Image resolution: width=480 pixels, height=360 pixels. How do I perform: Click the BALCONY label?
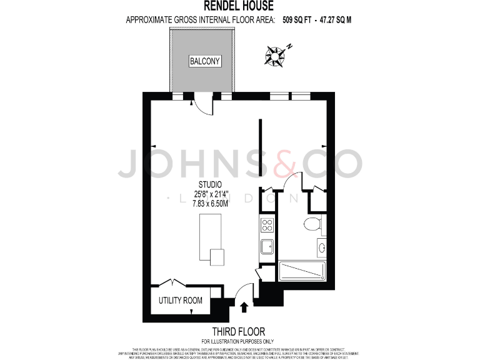[205, 62]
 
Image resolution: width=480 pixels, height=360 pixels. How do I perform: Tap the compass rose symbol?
[274, 55]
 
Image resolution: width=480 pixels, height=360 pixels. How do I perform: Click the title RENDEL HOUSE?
[239, 7]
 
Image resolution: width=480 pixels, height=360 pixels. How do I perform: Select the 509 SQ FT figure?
[297, 19]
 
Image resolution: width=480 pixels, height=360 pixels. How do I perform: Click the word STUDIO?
[209, 184]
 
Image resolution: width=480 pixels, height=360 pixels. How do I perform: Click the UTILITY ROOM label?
[181, 301]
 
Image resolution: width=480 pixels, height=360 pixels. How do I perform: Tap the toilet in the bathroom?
[312, 225]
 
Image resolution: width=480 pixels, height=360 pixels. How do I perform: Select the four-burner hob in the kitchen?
[267, 226]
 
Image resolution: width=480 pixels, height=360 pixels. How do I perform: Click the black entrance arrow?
[244, 307]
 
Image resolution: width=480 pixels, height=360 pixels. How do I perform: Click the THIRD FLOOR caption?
[239, 331]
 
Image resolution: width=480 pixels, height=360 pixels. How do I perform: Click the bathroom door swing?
[291, 182]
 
